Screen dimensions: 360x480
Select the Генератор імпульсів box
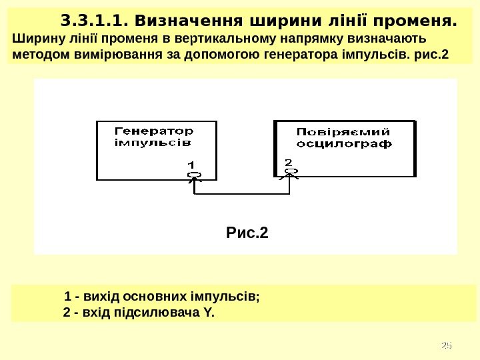157,150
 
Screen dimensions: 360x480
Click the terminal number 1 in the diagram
191,164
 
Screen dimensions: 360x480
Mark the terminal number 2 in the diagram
288,162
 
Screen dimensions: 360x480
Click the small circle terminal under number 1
194,175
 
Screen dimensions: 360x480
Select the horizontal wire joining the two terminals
241,195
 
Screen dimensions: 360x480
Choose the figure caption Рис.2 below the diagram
247,233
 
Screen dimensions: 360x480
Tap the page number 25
447,345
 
